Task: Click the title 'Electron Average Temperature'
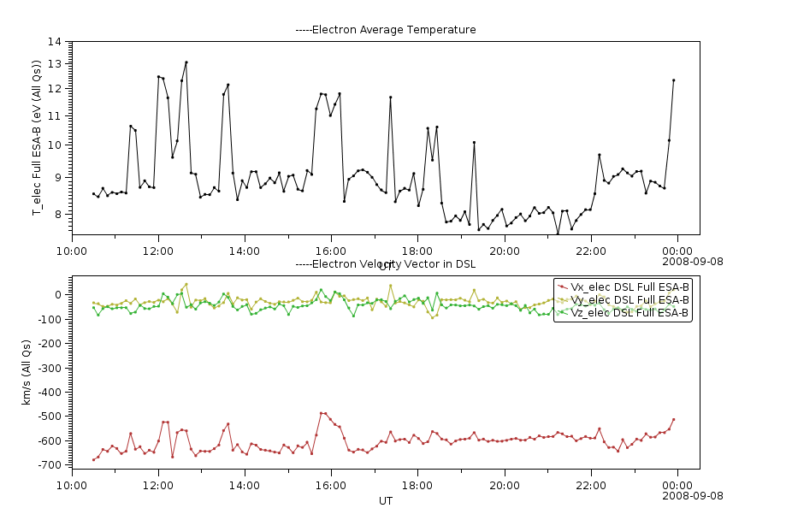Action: pyautogui.click(x=386, y=30)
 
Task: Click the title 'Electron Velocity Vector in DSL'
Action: pyautogui.click(x=386, y=264)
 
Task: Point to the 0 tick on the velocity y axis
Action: pyautogui.click(x=59, y=295)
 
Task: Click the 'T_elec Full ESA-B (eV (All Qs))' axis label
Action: pyautogui.click(x=37, y=137)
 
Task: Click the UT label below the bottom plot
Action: pyautogui.click(x=386, y=500)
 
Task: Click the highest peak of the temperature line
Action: pyautogui.click(x=186, y=62)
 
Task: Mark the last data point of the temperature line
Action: pyautogui.click(x=674, y=80)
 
